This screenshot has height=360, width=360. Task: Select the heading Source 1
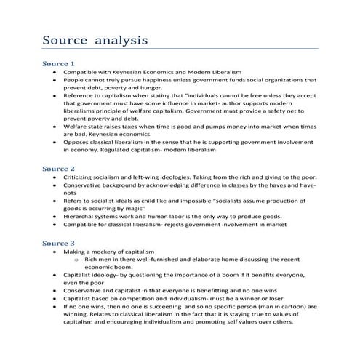tap(58, 63)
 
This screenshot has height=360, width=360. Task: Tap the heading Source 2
tap(58, 168)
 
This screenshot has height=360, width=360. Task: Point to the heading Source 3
tap(58, 242)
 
